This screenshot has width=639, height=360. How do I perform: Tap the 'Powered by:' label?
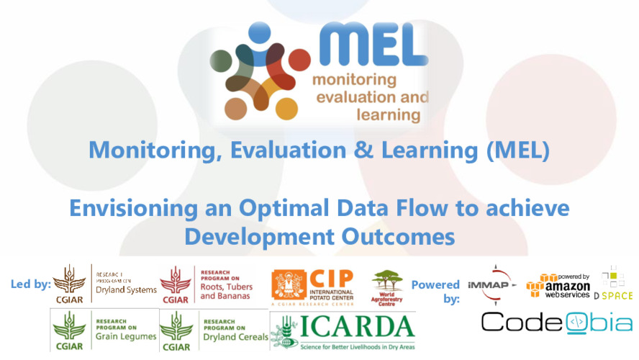click(x=435, y=291)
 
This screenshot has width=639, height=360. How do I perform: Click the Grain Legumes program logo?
click(x=103, y=330)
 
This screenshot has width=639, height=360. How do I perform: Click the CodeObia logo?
click(x=557, y=322)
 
